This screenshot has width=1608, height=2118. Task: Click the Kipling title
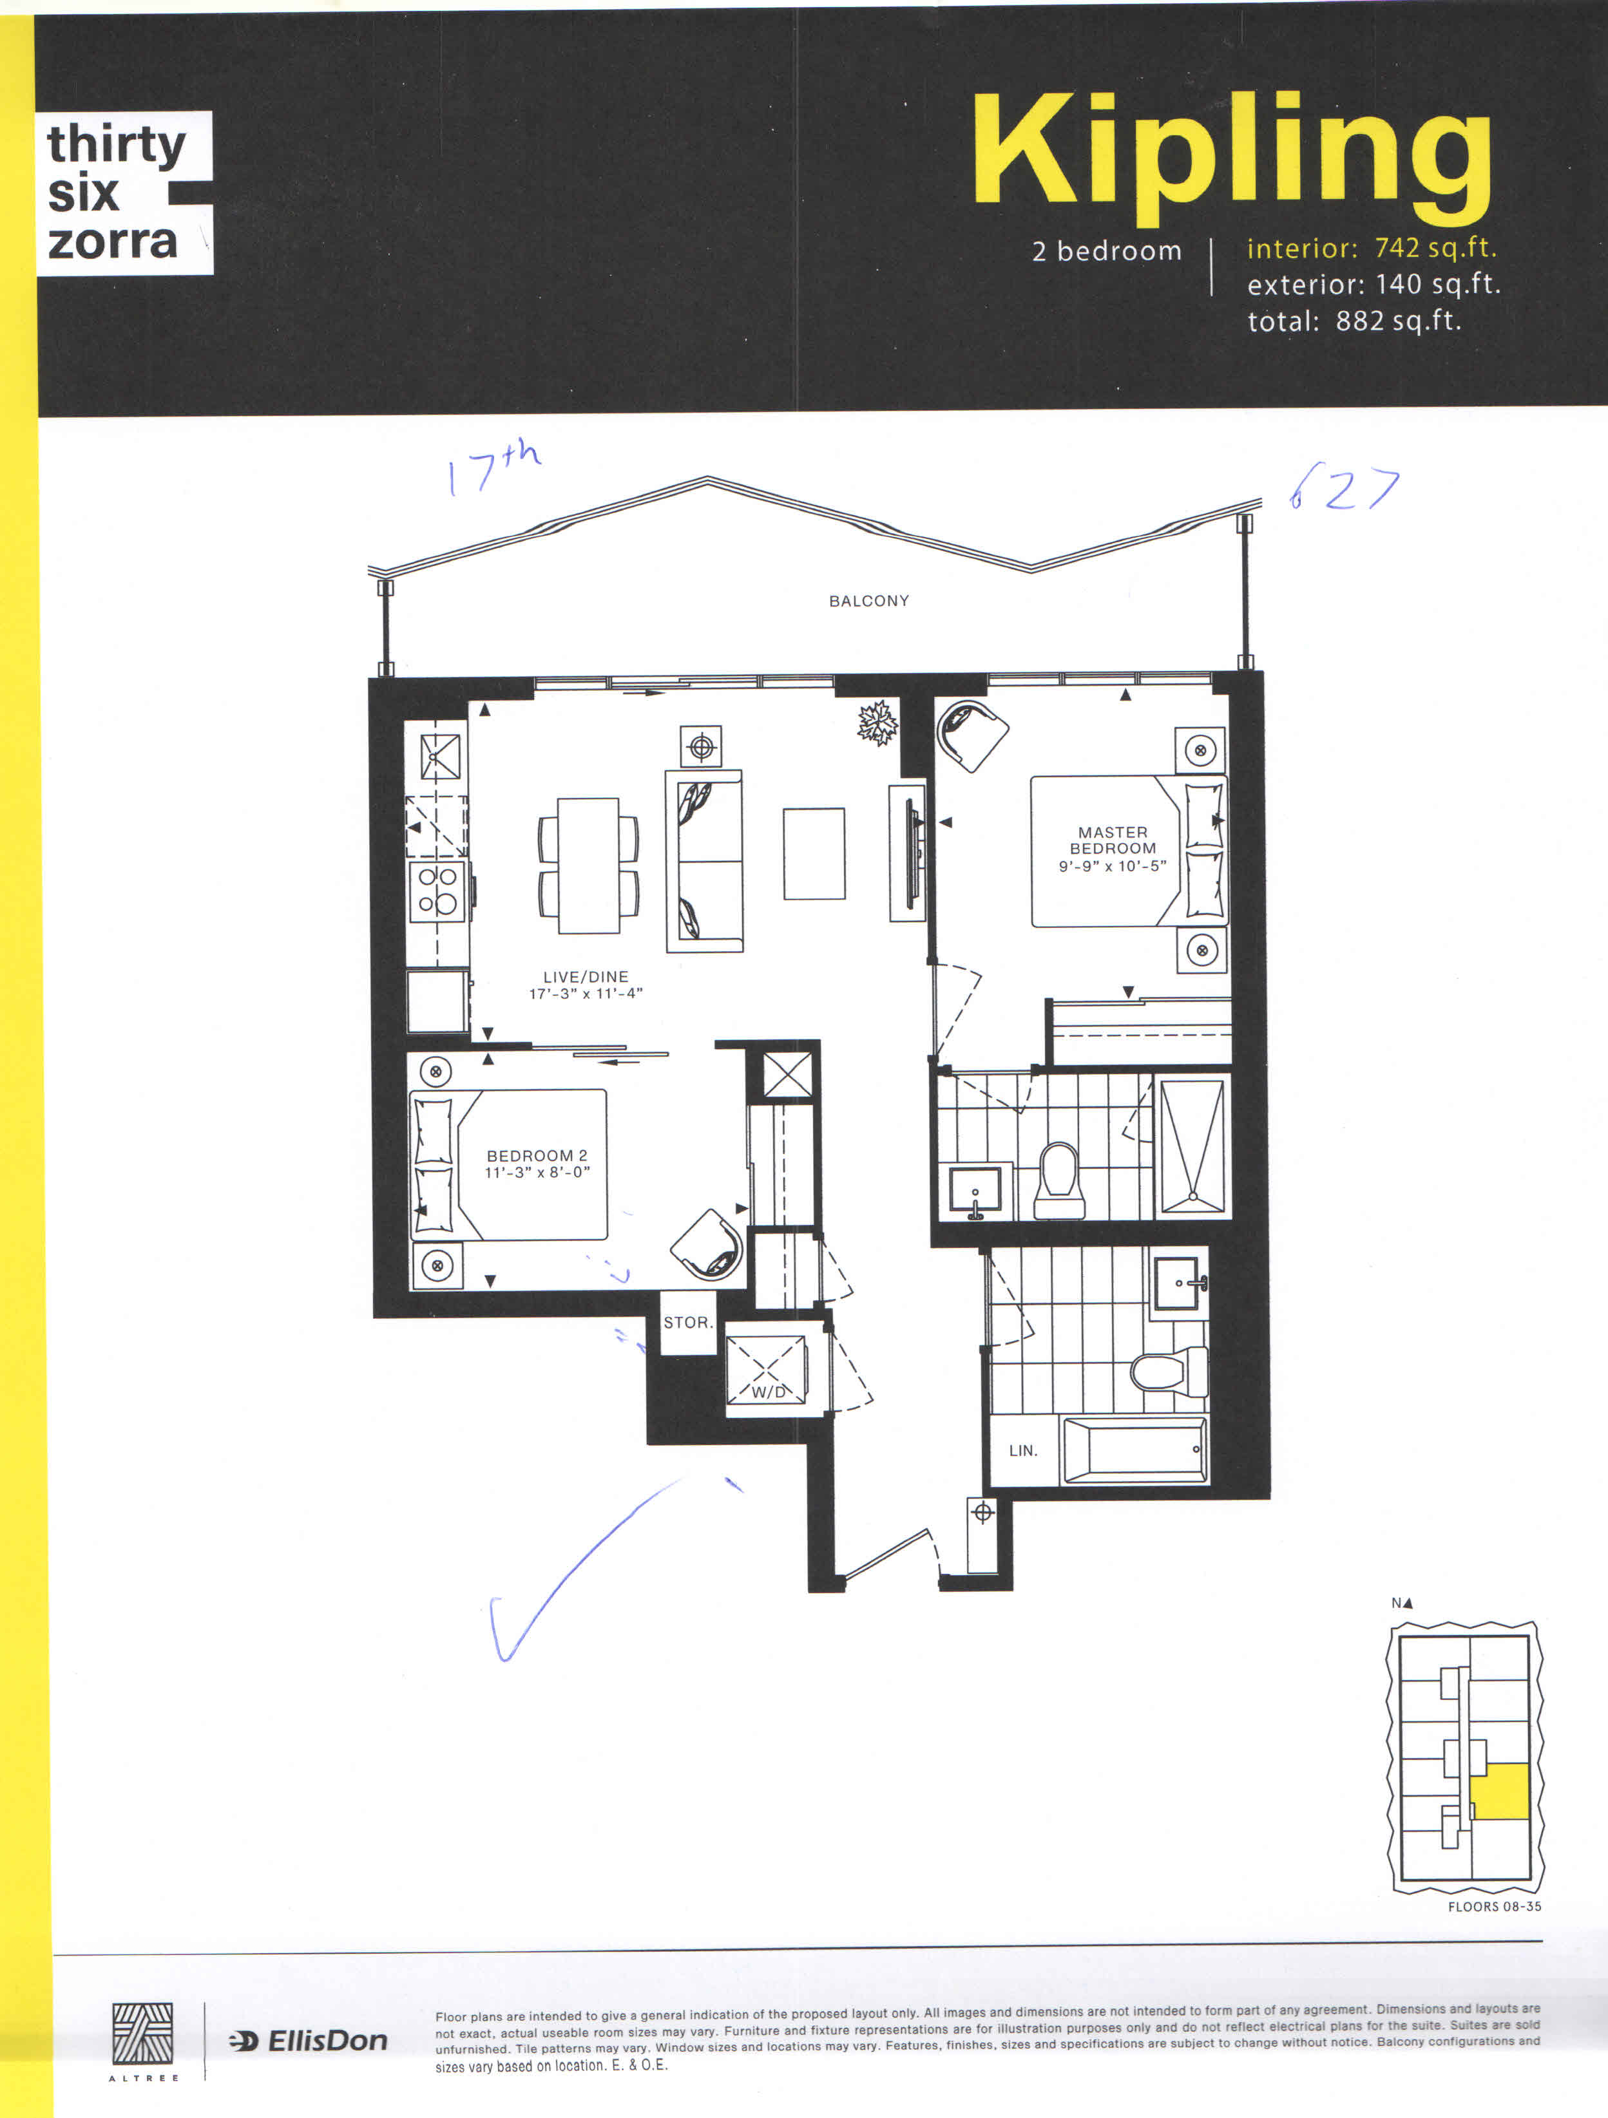coord(1232,156)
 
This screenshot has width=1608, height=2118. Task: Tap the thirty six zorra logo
coord(124,193)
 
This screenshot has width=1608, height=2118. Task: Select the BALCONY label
coord(868,600)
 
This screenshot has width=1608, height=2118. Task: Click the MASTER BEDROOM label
coord(1112,840)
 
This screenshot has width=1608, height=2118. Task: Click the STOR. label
coord(687,1321)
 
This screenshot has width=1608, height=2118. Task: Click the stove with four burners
coord(437,891)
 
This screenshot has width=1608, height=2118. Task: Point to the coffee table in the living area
coord(814,853)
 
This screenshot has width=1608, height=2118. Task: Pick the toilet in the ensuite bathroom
coord(1059,1180)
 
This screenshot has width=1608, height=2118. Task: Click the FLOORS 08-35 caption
coord(1494,1906)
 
